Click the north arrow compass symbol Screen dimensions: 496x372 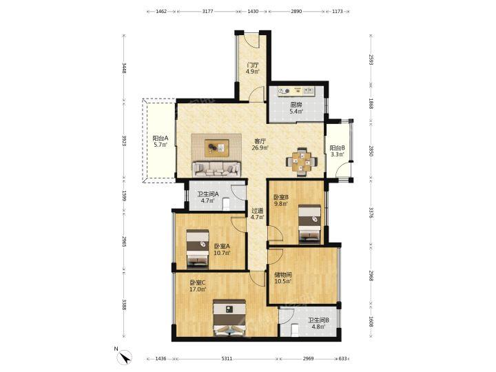pos(125,358)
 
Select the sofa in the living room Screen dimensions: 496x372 pos(216,169)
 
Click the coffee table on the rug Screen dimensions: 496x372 pos(217,147)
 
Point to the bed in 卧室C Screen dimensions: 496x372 pos(229,318)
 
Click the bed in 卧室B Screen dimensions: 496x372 pos(310,224)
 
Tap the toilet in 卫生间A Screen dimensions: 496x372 pos(226,204)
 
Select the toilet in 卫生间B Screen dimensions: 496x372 pos(295,330)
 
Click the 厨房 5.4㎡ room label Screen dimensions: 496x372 pos(296,108)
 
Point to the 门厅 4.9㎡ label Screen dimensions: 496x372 pos(253,68)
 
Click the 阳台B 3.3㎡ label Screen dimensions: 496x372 pos(337,151)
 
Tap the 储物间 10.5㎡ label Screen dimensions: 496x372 pos(283,278)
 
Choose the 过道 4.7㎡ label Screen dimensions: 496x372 pos(257,214)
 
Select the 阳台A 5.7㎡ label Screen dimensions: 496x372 pos(161,141)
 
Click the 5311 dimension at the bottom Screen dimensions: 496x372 pos(227,358)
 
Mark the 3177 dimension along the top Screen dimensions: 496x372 pos(207,12)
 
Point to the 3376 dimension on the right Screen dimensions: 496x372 pos(371,213)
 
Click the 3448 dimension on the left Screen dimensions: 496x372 pos(124,69)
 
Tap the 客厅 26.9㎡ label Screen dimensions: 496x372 pos(260,145)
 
